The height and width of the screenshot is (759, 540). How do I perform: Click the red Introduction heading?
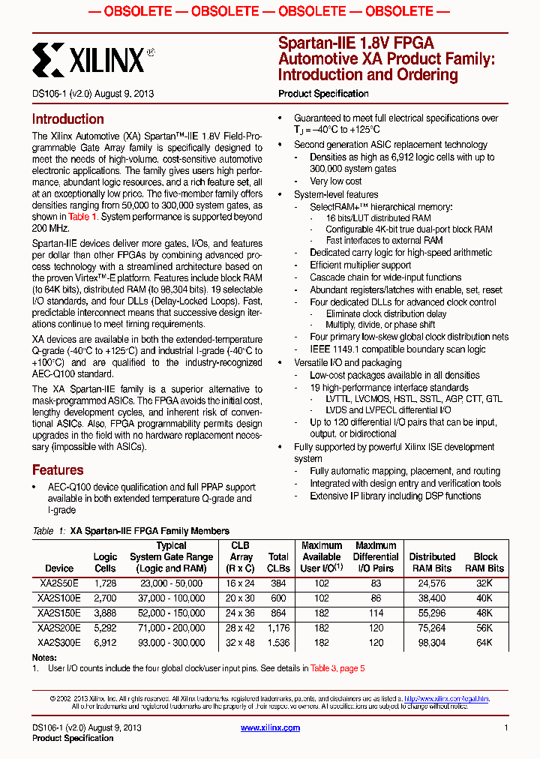click(x=67, y=119)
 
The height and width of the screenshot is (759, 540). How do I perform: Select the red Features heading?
click(x=58, y=470)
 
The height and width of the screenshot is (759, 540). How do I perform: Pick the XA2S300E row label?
click(x=59, y=643)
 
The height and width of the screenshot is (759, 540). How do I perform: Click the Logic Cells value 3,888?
click(x=105, y=613)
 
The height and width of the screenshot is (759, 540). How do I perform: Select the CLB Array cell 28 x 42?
click(x=241, y=628)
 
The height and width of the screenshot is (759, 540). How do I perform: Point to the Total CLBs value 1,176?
click(x=278, y=628)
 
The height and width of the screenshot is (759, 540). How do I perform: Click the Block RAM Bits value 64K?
click(x=484, y=643)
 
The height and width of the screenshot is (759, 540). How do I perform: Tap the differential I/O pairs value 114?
click(x=376, y=613)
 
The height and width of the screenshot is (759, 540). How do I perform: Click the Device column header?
click(x=59, y=568)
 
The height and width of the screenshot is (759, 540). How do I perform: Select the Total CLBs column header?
click(x=278, y=562)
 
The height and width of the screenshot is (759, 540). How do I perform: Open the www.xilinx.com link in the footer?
click(x=270, y=728)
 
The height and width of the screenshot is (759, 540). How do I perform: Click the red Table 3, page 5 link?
click(x=337, y=668)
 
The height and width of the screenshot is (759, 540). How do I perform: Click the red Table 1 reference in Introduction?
click(x=82, y=217)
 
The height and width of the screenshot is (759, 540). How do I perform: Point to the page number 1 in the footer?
click(x=506, y=728)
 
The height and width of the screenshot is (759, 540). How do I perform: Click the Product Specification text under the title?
click(x=323, y=94)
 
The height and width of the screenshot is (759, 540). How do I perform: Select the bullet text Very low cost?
click(x=336, y=181)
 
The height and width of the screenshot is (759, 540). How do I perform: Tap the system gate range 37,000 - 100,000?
click(x=171, y=598)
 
